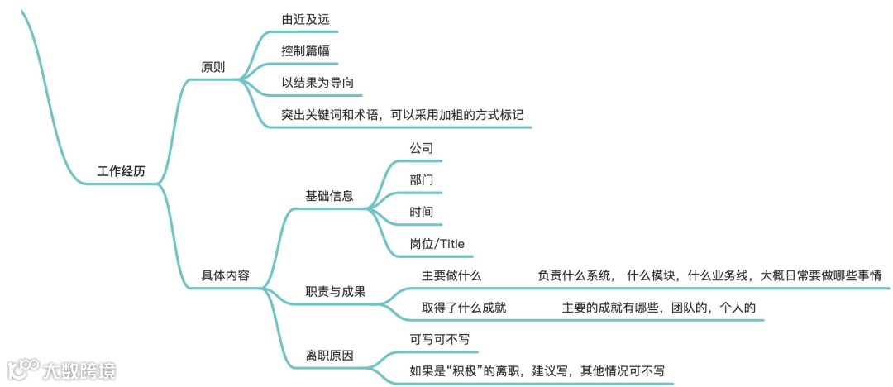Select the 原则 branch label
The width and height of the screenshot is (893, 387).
[213, 67]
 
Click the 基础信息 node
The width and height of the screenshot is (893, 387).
[330, 196]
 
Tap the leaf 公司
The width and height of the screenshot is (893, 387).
[422, 147]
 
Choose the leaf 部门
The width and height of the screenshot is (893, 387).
[422, 179]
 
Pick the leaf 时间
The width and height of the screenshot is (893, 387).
[422, 212]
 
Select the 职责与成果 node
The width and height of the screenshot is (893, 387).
[336, 292]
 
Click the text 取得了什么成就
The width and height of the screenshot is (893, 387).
[464, 308]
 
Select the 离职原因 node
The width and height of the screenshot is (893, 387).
[330, 356]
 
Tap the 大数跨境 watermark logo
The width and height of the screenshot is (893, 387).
[62, 370]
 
